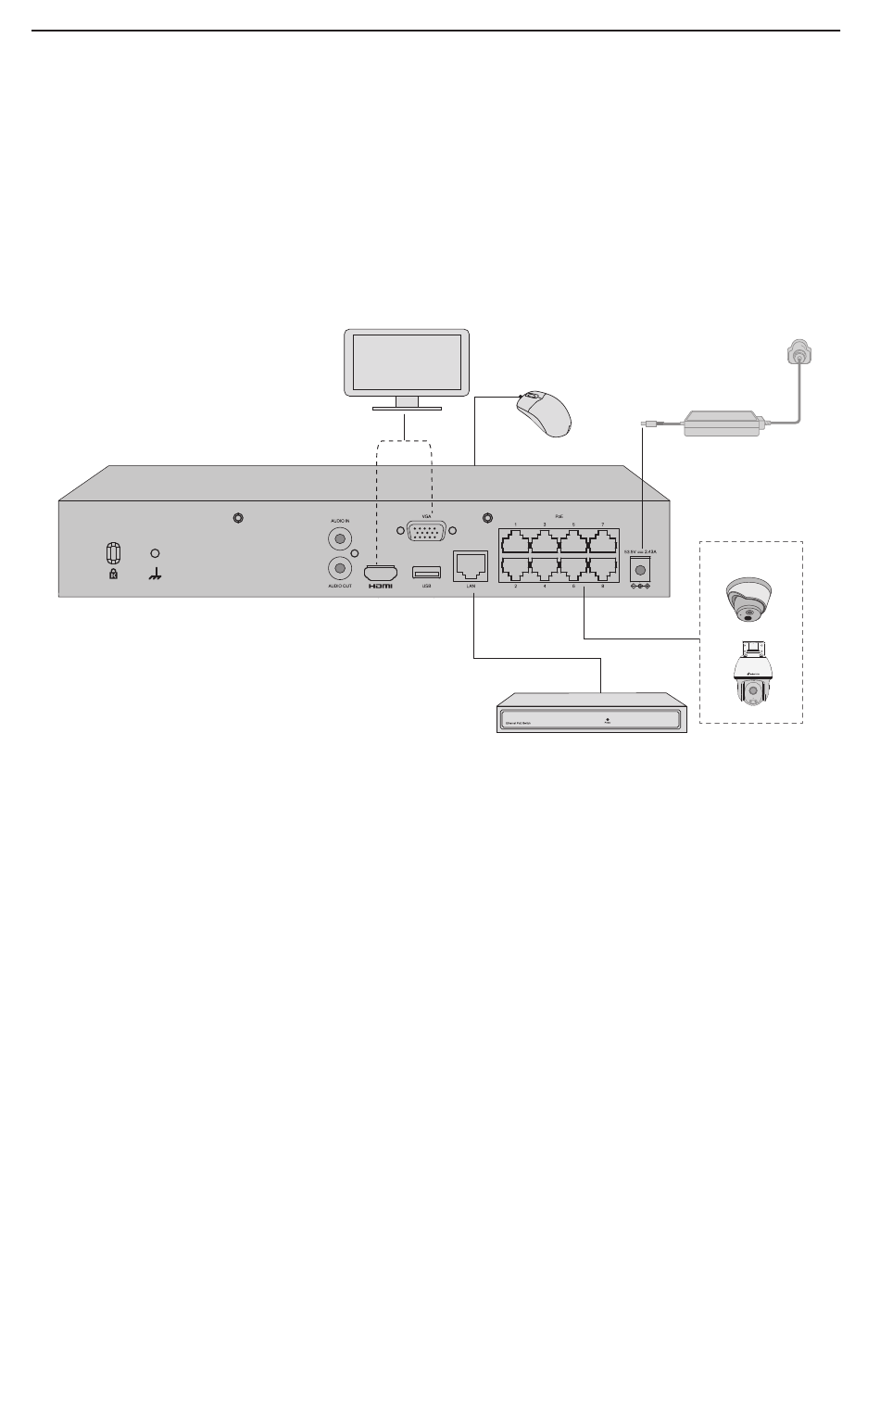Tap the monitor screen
pos(407,362)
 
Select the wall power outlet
pos(798,355)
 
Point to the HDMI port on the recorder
pos(381,573)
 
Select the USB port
pos(426,571)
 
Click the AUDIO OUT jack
pos(341,567)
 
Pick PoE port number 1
pos(515,540)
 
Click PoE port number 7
pos(602,540)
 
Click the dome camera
pos(748,599)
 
